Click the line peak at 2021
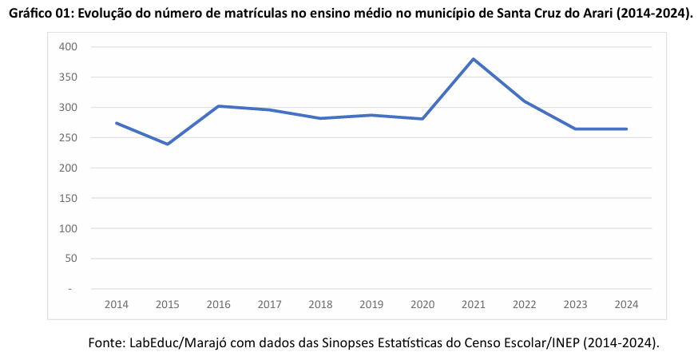point(474,59)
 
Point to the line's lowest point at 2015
point(167,144)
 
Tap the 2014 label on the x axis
point(116,304)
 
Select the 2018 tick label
point(320,304)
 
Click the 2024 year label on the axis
point(626,304)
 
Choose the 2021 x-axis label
point(474,304)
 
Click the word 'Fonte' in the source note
point(105,342)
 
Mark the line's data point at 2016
point(218,106)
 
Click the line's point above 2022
point(525,101)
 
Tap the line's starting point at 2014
point(116,123)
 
